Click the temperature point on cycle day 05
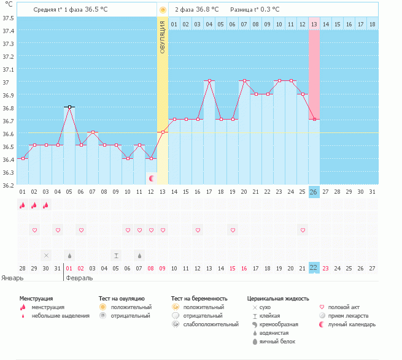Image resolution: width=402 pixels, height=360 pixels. pos(69,107)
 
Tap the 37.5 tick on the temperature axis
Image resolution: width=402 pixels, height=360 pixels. pos(9,18)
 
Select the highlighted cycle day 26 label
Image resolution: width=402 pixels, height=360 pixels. pos(314,192)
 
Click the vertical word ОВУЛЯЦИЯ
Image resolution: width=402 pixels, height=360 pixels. pos(163,36)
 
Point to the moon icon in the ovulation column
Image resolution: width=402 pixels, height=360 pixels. pos(152,178)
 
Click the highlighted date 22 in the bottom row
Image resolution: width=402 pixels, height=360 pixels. pos(314,268)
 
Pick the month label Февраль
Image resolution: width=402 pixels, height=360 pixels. pos(79,278)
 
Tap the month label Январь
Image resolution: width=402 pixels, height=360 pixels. pos(12,278)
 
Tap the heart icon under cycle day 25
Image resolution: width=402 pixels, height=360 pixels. pos(302,230)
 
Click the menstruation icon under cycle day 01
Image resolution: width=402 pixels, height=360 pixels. pos(22,205)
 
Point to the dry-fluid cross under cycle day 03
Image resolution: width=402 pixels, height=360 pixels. pos(46,255)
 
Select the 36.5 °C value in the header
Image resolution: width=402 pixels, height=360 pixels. pos(102,9)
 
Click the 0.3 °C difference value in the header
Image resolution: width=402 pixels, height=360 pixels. pos(268,9)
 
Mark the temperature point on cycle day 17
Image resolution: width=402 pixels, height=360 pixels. pos(209,81)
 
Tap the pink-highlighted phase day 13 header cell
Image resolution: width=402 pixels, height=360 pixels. pos(314,24)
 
